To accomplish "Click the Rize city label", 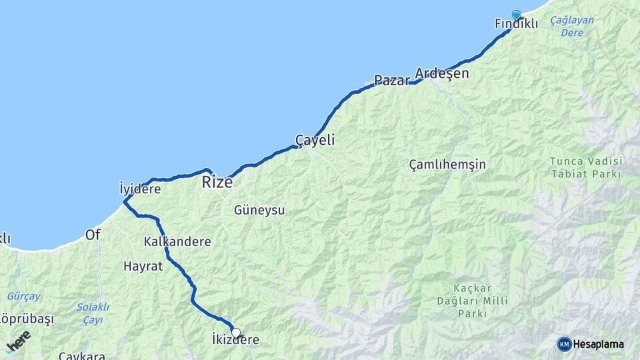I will [x=217, y=182].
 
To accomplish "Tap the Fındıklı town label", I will [x=516, y=24].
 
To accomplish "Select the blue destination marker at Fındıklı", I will [x=516, y=15].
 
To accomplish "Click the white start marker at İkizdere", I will [x=235, y=332].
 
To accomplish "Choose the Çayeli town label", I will [x=315, y=141].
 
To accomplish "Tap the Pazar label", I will [x=391, y=81].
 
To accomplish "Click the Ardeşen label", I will [x=441, y=73].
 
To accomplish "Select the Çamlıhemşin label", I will [x=447, y=164].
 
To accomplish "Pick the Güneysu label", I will [x=259, y=211].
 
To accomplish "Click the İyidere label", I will [x=140, y=189].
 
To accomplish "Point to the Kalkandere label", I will [x=177, y=242].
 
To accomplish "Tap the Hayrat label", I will [x=143, y=266].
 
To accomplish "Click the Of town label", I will [x=93, y=235].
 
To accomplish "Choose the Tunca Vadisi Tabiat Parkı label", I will [x=586, y=167].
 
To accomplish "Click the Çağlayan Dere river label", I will [x=572, y=26].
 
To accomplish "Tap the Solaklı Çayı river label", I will [x=93, y=313].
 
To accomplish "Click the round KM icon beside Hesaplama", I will [x=564, y=344].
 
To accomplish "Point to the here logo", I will [x=18, y=341].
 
